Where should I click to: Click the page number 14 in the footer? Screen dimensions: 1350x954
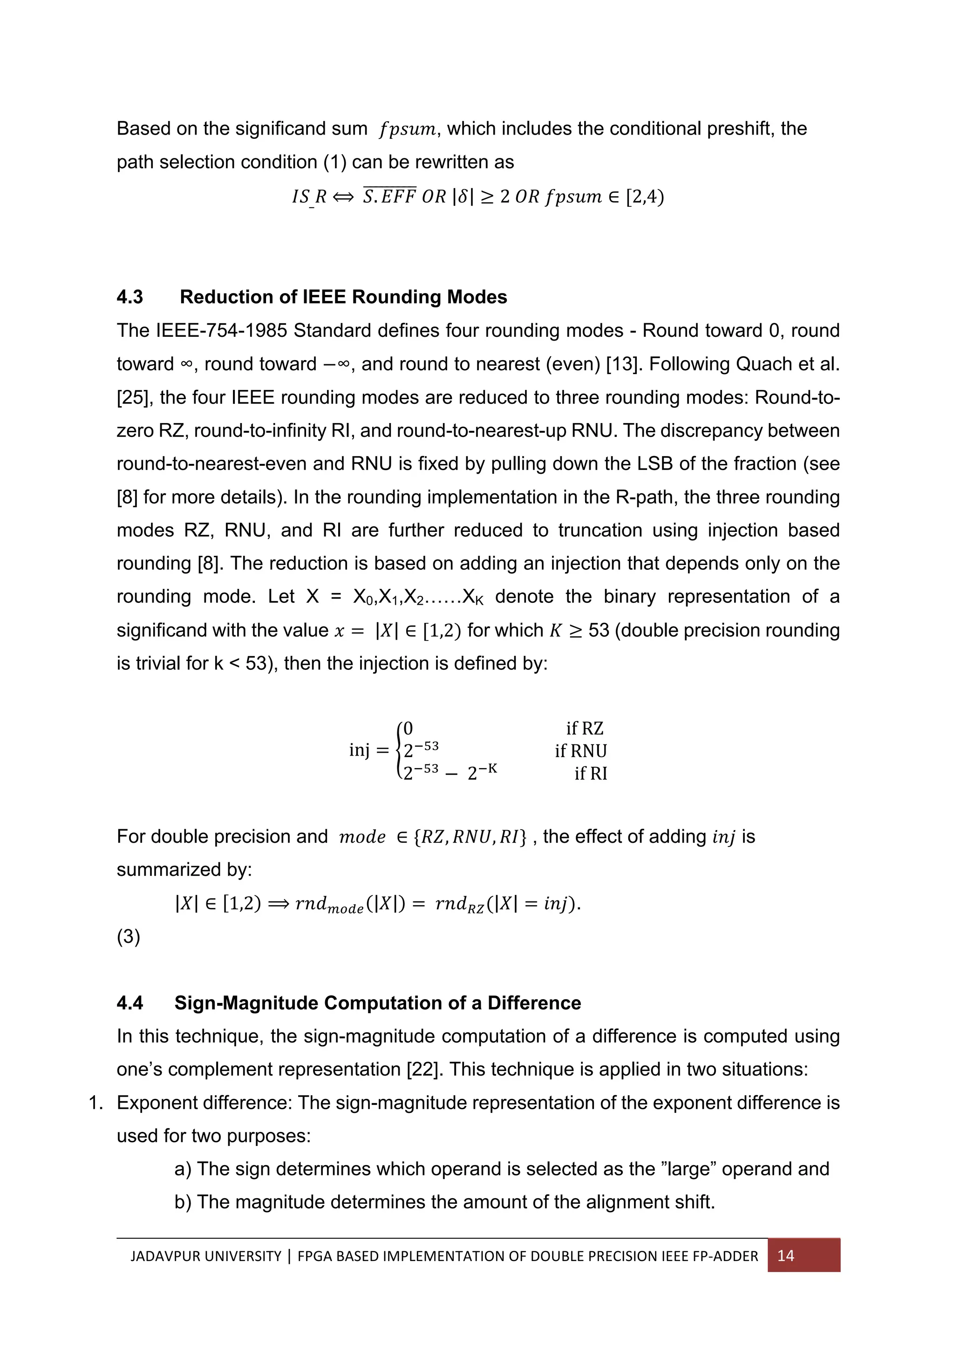click(x=785, y=1255)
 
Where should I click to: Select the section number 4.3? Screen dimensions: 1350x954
click(x=130, y=297)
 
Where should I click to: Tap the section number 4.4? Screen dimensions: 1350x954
click(x=130, y=1002)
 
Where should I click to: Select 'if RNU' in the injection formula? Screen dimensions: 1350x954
click(x=581, y=751)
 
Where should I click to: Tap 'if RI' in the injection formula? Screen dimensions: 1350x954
click(x=591, y=773)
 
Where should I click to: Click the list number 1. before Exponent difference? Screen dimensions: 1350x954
click(x=96, y=1103)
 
